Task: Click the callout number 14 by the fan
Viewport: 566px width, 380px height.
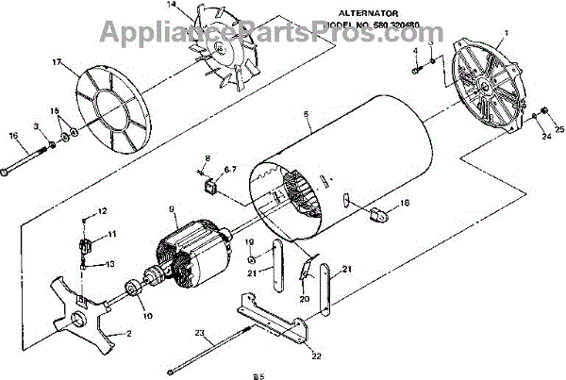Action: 171,6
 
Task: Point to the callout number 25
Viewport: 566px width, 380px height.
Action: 559,128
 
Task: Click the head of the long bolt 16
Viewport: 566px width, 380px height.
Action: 6,173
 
